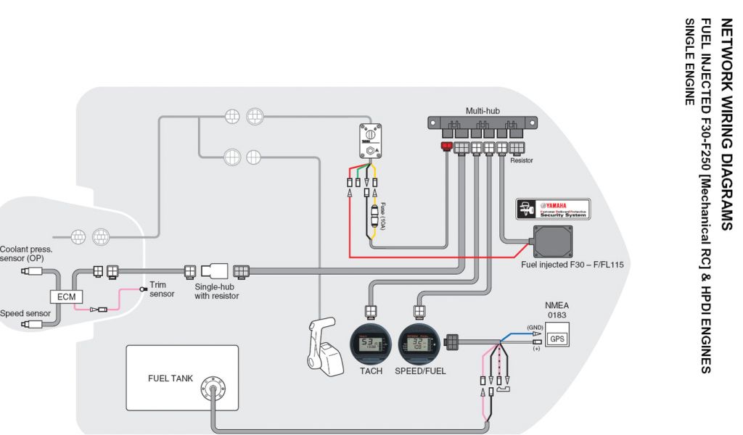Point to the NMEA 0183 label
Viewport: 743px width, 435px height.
559,311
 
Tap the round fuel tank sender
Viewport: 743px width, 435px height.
213,386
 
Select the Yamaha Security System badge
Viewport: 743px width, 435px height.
551,209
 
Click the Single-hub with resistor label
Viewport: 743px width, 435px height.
216,291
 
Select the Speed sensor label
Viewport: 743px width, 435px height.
23,313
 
